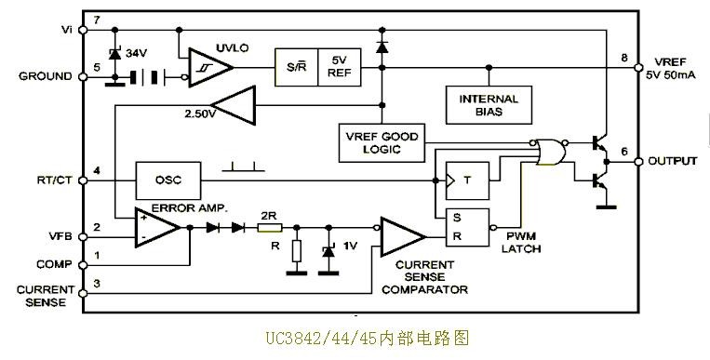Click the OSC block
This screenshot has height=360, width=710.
point(168,180)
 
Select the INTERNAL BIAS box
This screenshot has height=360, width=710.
point(489,105)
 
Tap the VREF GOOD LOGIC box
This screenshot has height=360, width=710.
point(382,142)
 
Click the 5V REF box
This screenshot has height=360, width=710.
point(340,67)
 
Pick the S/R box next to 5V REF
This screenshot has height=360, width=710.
point(297,67)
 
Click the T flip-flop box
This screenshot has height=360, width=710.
point(467,180)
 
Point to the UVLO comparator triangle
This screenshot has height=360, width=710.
point(210,67)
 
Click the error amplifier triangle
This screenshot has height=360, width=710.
point(157,227)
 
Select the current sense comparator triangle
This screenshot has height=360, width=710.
point(403,237)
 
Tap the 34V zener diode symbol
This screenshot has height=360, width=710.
point(115,54)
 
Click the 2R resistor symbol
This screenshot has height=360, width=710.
point(270,227)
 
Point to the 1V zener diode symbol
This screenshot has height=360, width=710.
point(328,250)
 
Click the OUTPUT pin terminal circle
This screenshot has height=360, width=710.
point(638,162)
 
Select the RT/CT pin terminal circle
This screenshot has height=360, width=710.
point(83,180)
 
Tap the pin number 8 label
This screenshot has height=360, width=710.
point(624,58)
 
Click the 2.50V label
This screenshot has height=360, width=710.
point(200,113)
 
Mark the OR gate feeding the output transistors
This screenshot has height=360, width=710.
point(551,152)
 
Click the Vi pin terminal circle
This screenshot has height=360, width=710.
point(83,30)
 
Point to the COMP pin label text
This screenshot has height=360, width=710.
point(54,264)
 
